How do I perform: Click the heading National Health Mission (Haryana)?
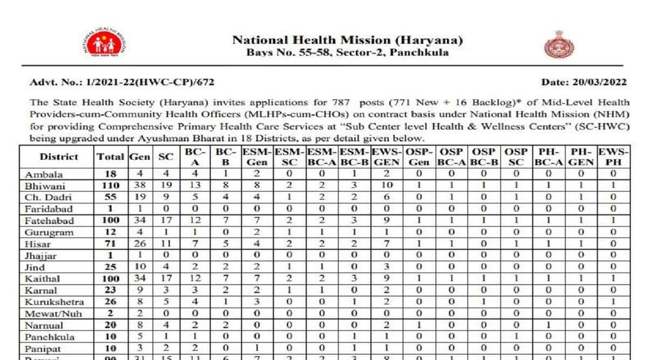[x=347, y=40]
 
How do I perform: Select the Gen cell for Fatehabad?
[x=138, y=221]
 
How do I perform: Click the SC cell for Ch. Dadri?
[x=165, y=197]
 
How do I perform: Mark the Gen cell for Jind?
[x=138, y=267]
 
